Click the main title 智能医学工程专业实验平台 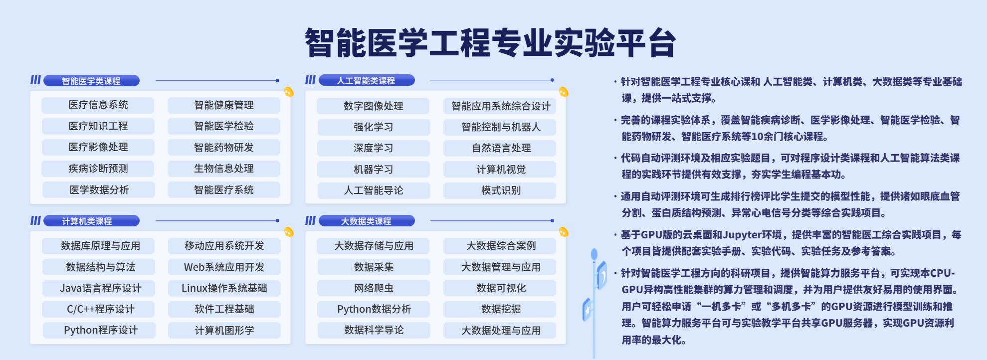click(x=490, y=43)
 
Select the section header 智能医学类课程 click(x=91, y=81)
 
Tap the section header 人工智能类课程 click(x=367, y=80)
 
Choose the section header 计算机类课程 click(x=91, y=221)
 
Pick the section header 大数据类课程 click(x=367, y=221)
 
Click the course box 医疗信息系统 click(x=98, y=105)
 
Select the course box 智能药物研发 click(x=224, y=148)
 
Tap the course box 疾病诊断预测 click(x=98, y=169)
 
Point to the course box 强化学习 click(x=374, y=127)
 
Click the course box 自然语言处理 click(x=500, y=148)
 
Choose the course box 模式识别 click(x=500, y=190)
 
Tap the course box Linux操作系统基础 click(x=224, y=288)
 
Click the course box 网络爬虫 click(x=374, y=288)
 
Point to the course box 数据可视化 click(x=500, y=288)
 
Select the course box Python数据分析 click(x=374, y=309)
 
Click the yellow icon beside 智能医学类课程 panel click(x=289, y=92)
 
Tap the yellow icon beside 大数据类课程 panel click(x=564, y=232)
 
